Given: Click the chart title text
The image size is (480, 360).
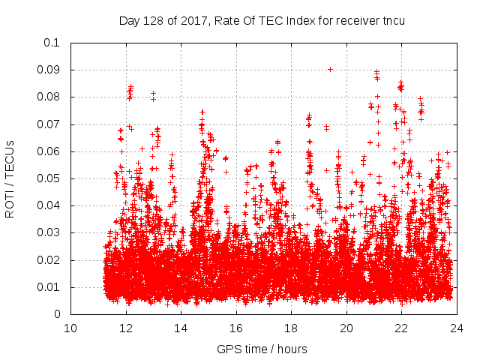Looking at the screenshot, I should (262, 20).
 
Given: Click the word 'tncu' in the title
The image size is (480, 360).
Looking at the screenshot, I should (393, 20).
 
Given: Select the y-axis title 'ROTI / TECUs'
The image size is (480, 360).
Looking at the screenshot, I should (10, 178).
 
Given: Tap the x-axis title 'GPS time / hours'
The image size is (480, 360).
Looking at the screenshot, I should (262, 349).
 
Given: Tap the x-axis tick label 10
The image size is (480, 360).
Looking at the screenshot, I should (70, 328).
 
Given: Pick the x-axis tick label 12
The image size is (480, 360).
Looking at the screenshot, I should (126, 328).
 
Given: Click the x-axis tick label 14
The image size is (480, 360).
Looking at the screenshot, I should (181, 328).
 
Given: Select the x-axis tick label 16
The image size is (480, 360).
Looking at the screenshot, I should (236, 328).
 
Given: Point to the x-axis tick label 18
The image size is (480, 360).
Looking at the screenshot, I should (291, 328).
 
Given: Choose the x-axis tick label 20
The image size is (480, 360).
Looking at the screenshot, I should (346, 328).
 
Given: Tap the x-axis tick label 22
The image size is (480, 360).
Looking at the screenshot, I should (401, 328).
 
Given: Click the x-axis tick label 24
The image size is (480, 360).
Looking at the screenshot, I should (457, 328).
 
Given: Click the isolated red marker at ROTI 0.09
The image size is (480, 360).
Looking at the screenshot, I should (330, 69).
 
